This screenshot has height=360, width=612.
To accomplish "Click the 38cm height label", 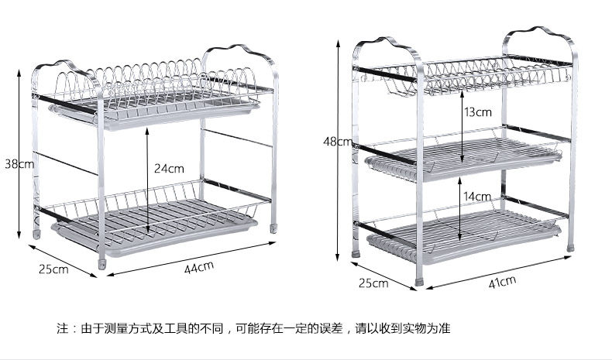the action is (18, 164).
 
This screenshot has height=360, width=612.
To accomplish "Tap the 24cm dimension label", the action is (169, 167).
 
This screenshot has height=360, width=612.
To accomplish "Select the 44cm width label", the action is (199, 267).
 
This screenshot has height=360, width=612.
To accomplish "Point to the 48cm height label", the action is (338, 142).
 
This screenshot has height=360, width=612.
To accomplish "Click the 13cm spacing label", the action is (478, 111).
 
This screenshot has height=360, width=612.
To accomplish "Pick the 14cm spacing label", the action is (477, 197).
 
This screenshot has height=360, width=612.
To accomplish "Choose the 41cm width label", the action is (502, 281).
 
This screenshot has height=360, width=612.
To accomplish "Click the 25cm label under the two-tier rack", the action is (54, 269).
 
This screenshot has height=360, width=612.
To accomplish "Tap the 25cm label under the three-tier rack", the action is (373, 283).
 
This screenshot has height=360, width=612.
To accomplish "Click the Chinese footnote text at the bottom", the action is (253, 328).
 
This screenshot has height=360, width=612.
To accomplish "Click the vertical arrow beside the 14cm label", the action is (462, 209).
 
